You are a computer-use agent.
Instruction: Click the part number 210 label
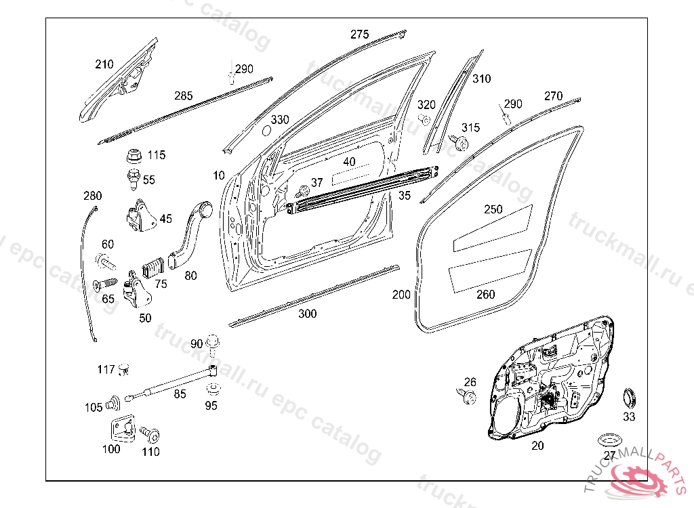point(104,65)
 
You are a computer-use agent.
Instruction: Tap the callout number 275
point(360,35)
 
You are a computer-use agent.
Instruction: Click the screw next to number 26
point(468,394)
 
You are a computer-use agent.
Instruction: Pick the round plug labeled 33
point(630,397)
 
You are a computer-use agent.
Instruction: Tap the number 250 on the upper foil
point(493,209)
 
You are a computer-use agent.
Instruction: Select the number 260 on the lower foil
point(486,294)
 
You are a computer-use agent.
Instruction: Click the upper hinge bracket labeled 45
point(140,215)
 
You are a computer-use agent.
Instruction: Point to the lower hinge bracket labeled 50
point(138,291)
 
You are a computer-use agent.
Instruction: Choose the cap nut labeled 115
point(134,156)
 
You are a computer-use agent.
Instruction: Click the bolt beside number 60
point(105,261)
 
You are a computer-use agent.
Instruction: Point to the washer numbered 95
point(212,389)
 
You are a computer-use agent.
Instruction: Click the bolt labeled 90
point(213,343)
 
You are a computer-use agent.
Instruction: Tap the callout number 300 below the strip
point(308,314)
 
